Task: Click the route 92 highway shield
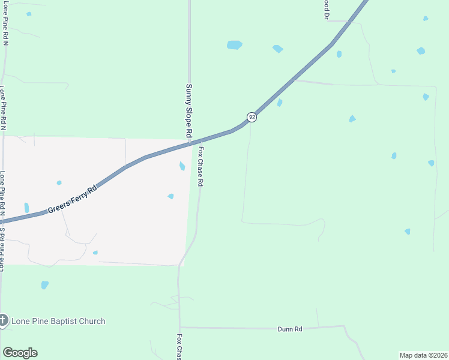tap(252, 117)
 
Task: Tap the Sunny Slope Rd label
tap(188, 109)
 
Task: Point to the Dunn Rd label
tap(289, 329)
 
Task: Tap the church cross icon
tap(4, 321)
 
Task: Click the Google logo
tap(20, 353)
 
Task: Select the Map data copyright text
tap(423, 355)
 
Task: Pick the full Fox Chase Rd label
tap(202, 166)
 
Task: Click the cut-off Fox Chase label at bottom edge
tap(179, 347)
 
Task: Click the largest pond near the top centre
tap(234, 45)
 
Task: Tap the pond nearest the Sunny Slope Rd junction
tap(182, 166)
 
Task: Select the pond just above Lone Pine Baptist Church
tap(44, 285)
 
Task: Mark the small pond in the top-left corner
tap(29, 14)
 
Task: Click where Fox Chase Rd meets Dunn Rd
tap(179, 328)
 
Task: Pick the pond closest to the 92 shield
tap(280, 103)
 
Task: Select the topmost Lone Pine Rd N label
tap(5, 24)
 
